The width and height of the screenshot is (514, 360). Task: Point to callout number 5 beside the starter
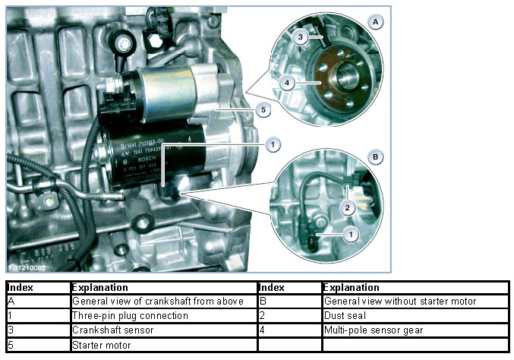point(262,110)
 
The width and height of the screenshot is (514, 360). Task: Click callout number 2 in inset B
point(345,207)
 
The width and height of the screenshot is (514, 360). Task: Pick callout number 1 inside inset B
point(350,235)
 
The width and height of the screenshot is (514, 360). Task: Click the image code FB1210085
point(27,267)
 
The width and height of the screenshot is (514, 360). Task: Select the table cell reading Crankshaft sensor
point(163,330)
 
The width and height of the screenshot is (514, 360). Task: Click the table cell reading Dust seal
point(415,315)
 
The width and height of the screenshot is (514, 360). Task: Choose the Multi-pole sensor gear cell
point(415,330)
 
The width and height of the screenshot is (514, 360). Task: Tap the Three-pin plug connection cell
point(163,315)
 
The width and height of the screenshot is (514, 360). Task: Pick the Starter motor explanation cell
point(163,346)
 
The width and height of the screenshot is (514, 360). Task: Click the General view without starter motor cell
point(415,301)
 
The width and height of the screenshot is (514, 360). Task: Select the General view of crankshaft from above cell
point(163,301)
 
